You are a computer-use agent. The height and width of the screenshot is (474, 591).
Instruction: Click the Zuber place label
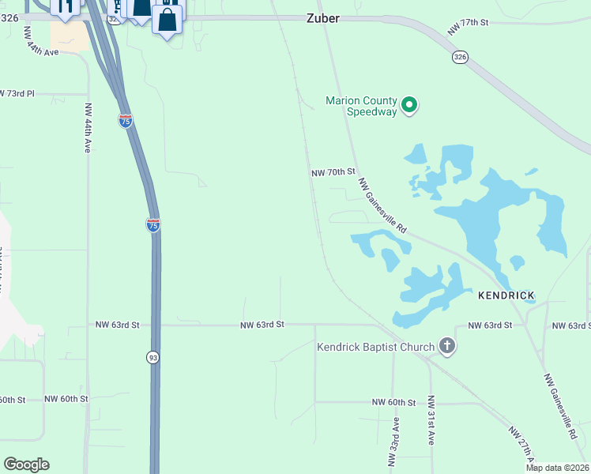[322, 18]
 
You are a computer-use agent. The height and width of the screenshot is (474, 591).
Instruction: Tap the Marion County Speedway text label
[361, 106]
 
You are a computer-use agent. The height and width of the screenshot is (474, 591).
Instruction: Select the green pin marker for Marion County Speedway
[409, 105]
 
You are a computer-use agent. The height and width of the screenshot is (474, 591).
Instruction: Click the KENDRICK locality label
[506, 295]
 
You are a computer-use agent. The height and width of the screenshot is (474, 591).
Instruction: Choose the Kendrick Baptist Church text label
[376, 347]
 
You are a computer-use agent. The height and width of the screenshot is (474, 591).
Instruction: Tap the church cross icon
[447, 346]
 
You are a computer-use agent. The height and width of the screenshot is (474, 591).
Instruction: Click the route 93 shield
[152, 358]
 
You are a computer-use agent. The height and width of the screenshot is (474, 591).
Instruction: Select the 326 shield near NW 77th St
[459, 57]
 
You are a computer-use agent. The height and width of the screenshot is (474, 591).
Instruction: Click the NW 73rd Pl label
[19, 93]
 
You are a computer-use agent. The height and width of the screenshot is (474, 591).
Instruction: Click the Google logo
[26, 465]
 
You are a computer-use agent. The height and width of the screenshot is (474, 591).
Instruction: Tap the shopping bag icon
[168, 20]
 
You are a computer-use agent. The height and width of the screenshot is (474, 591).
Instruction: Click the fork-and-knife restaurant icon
[64, 7]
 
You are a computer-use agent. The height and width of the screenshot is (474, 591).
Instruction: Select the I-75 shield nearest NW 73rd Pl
[125, 120]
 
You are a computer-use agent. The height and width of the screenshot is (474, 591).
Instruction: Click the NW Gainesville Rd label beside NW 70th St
[382, 205]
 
